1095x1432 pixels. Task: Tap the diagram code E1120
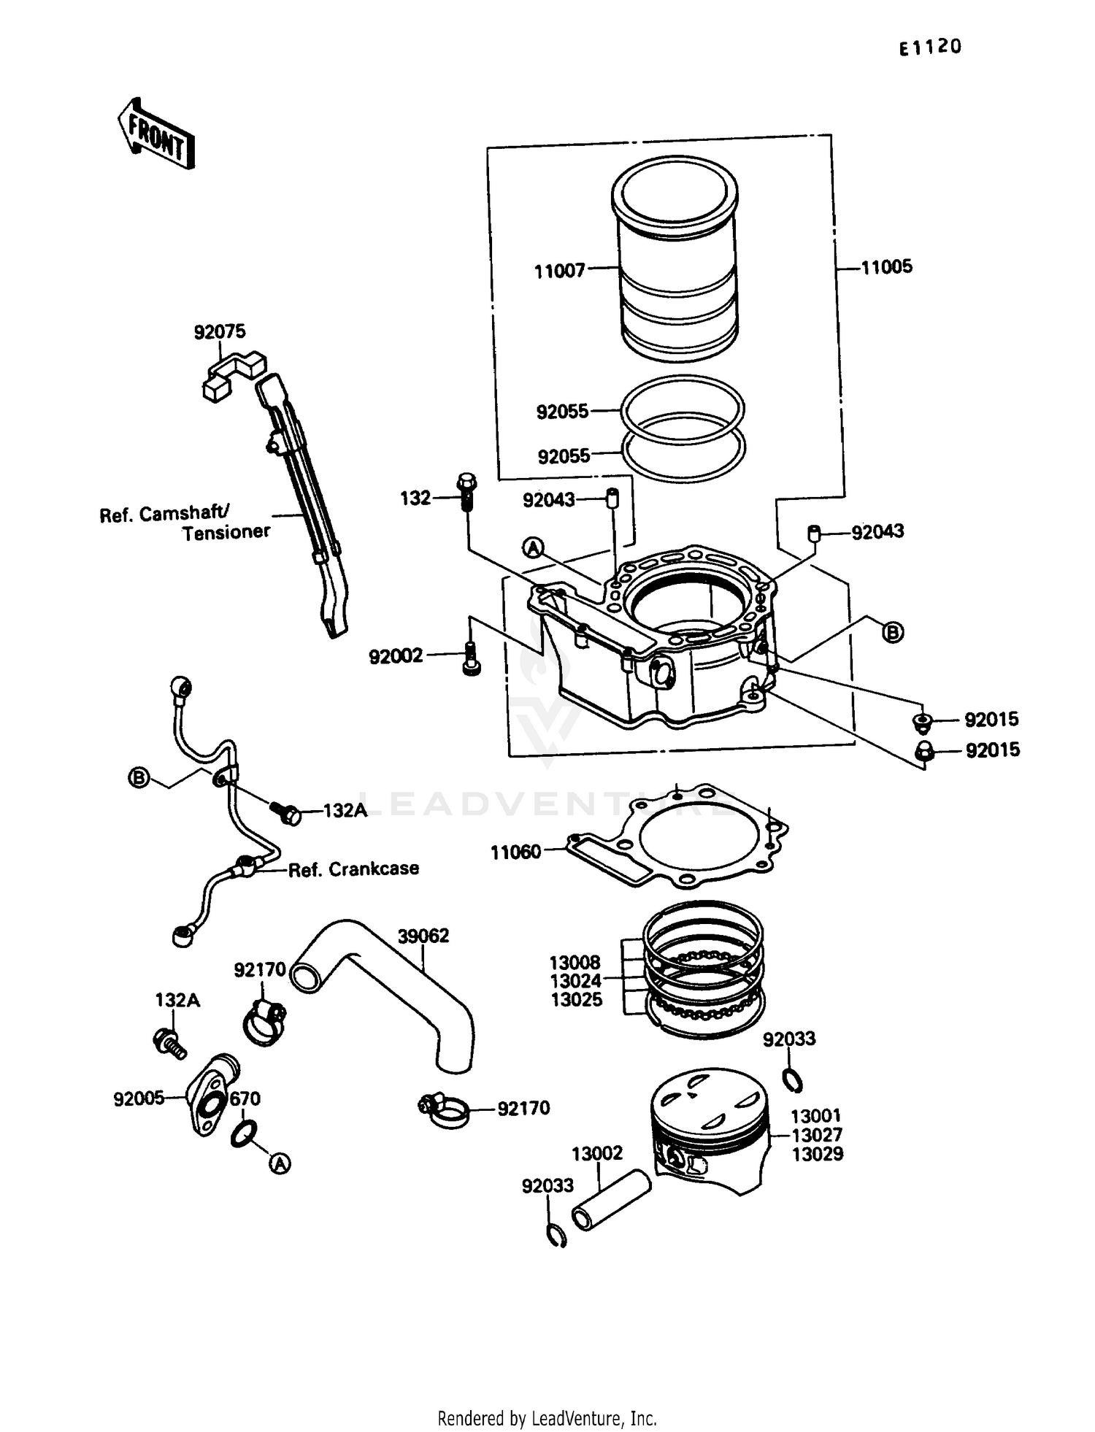(x=930, y=47)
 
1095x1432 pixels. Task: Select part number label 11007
(x=559, y=272)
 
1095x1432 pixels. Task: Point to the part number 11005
(x=886, y=267)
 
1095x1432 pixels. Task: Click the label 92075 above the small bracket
(x=220, y=332)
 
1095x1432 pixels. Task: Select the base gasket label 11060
(x=515, y=852)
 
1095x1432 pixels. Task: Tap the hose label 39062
(x=423, y=936)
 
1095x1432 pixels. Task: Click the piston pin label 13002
(x=596, y=1153)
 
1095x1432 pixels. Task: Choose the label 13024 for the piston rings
(x=575, y=981)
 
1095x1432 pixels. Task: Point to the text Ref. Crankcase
(x=353, y=869)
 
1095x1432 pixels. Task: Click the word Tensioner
(x=226, y=533)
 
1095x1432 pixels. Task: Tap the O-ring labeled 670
(x=243, y=1133)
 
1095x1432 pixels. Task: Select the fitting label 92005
(x=139, y=1098)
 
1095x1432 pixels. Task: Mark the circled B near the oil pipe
(x=138, y=778)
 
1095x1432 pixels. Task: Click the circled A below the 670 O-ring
(x=279, y=1163)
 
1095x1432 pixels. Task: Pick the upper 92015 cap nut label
(x=991, y=720)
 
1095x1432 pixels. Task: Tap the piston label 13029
(x=818, y=1154)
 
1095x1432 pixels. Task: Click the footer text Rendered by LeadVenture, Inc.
(x=547, y=1418)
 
